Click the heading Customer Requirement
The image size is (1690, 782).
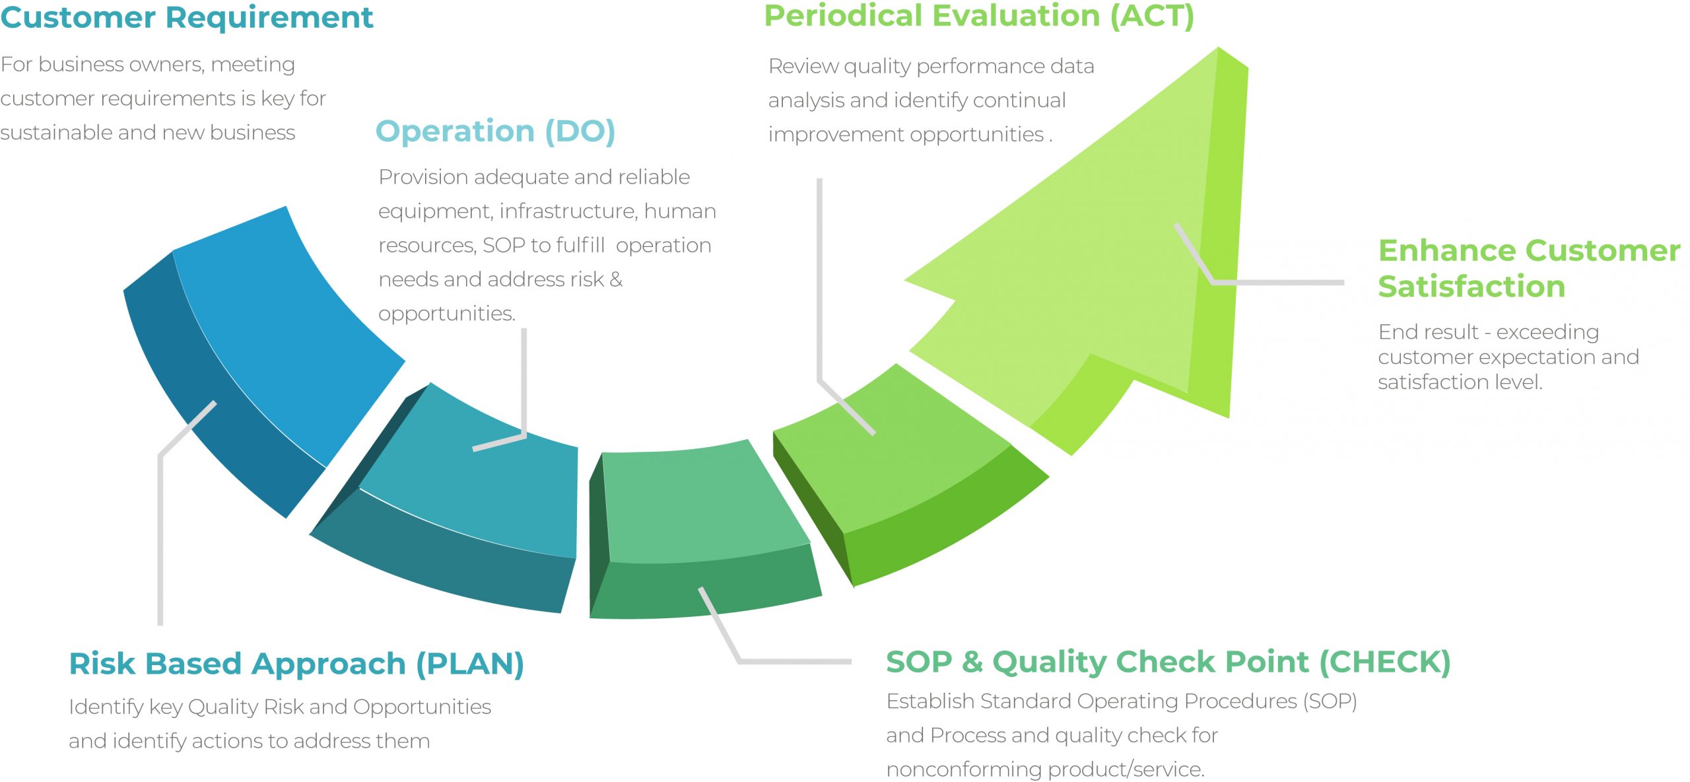pyautogui.click(x=187, y=18)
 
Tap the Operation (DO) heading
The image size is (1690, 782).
pyautogui.click(x=495, y=132)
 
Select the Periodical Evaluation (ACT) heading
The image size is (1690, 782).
pyautogui.click(x=979, y=16)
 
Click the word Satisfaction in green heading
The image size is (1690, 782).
pyautogui.click(x=1471, y=287)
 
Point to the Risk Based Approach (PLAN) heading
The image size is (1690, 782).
pyautogui.click(x=296, y=664)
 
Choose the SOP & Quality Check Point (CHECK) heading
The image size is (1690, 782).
pyautogui.click(x=1168, y=662)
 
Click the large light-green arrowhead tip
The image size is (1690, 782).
pyautogui.click(x=1219, y=48)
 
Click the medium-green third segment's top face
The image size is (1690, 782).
pyautogui.click(x=700, y=505)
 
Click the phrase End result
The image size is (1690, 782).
pyautogui.click(x=1429, y=332)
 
